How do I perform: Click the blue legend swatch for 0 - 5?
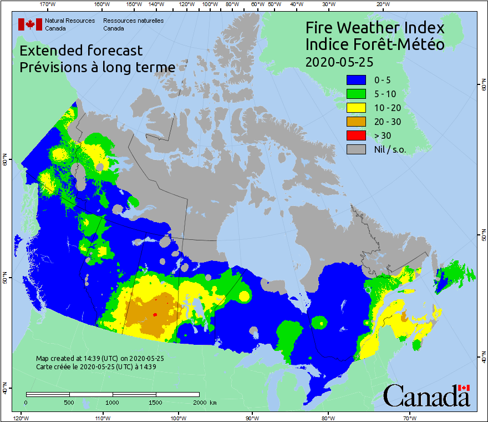[x=356, y=81]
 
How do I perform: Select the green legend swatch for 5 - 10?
[x=356, y=94]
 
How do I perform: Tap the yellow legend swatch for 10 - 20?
[x=356, y=108]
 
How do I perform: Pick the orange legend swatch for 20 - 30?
[x=356, y=122]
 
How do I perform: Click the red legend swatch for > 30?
[x=356, y=135]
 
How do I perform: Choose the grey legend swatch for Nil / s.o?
[x=356, y=149]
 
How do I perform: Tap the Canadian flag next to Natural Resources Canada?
[x=30, y=24]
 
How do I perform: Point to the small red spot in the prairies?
[x=155, y=315]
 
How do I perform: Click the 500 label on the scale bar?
[x=70, y=402]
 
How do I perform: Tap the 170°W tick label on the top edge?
[x=48, y=4]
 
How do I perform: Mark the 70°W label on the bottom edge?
[x=410, y=418]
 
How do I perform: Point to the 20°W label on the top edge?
[x=382, y=4]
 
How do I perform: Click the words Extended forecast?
[x=81, y=51]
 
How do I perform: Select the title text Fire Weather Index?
[x=375, y=28]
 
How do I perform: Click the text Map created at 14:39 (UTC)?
[x=100, y=359]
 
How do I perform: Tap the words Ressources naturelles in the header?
[x=133, y=21]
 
